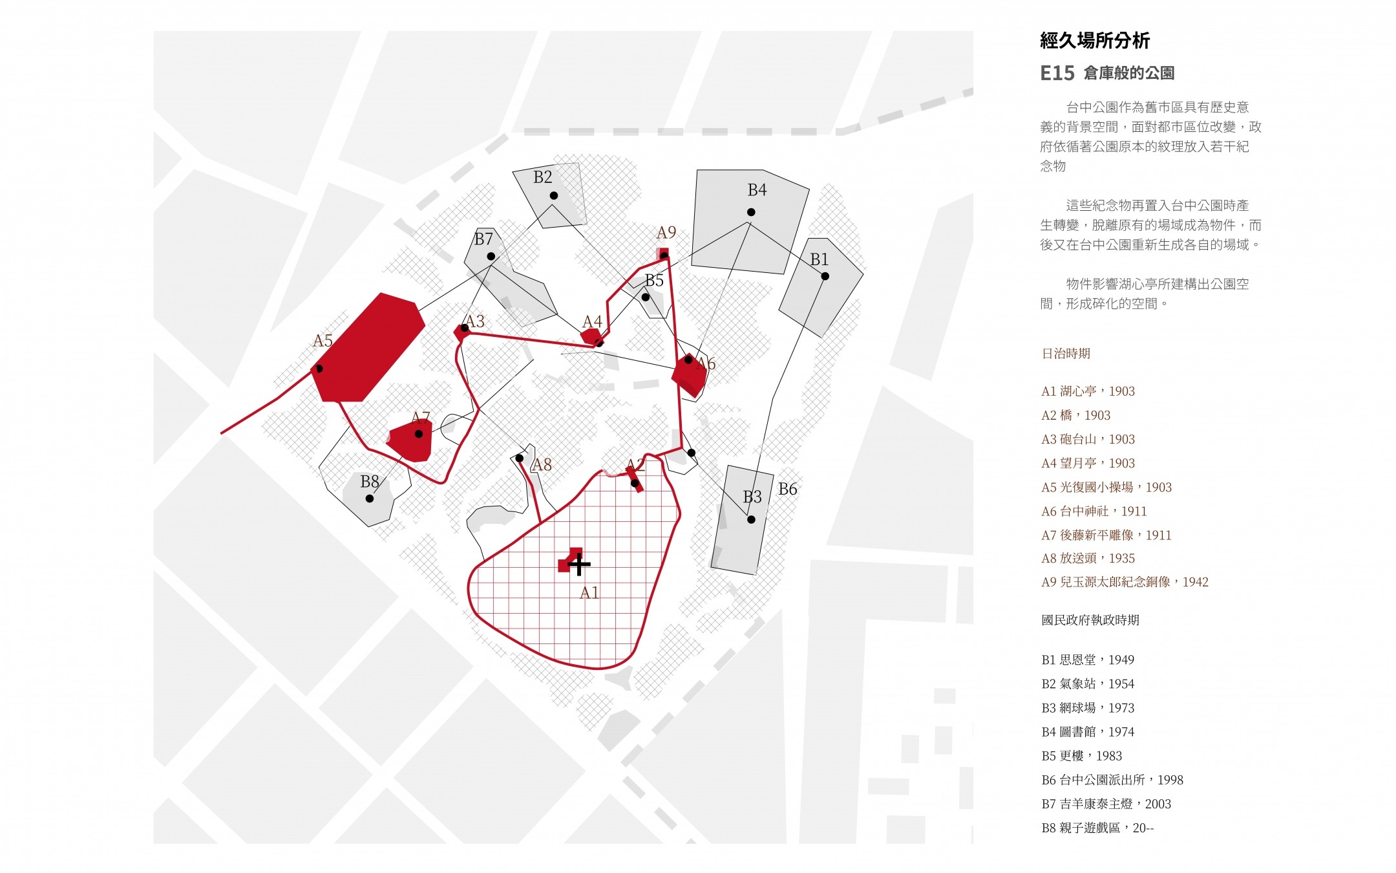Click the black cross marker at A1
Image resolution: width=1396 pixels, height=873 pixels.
[x=579, y=565]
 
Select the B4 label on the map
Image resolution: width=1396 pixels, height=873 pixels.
[x=757, y=190]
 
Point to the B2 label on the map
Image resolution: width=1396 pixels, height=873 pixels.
[x=543, y=177]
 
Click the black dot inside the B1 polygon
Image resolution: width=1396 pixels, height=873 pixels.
[x=825, y=276]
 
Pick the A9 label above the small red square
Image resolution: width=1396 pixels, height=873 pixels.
[x=666, y=233]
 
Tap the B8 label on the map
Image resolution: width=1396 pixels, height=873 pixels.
[x=370, y=482]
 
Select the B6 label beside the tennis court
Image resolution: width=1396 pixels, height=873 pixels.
[x=788, y=490]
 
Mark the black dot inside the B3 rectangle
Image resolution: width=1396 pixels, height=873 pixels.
[x=751, y=519]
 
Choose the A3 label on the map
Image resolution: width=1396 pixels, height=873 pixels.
[x=475, y=321]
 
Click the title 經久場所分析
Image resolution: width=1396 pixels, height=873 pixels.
[x=1095, y=41]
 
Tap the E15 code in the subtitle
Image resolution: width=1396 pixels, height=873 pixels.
[x=1057, y=73]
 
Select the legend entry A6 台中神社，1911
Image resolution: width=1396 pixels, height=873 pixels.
[x=1094, y=512]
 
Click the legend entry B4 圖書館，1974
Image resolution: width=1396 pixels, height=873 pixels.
[x=1088, y=732]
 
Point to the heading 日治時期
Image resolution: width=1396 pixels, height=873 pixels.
[x=1066, y=354]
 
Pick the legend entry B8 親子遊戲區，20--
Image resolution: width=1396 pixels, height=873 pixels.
[x=1097, y=828]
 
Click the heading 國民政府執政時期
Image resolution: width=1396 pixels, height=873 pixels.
[x=1090, y=620]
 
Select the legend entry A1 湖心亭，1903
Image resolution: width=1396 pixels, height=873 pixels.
[x=1088, y=391]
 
